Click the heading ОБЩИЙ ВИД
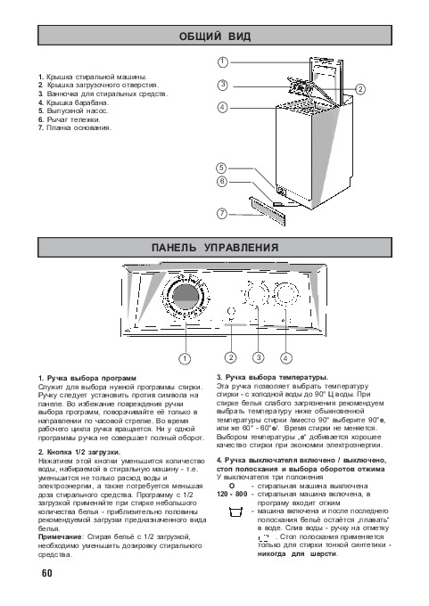[x=215, y=37]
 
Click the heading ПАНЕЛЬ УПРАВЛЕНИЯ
[x=215, y=248]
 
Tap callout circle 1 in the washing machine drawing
[x=223, y=61]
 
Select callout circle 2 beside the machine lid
[x=360, y=89]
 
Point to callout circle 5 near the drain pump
[x=221, y=168]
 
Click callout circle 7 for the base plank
[x=222, y=213]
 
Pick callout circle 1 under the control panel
[x=185, y=358]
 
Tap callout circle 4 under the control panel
[x=286, y=358]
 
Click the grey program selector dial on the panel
[x=186, y=297]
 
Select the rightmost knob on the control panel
[x=286, y=295]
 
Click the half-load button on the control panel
[x=231, y=312]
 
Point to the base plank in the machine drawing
[x=268, y=210]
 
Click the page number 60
[x=46, y=573]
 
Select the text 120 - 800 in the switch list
[x=232, y=495]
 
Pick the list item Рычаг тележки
[x=70, y=119]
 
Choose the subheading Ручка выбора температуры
[x=272, y=377]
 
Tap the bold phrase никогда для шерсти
[x=298, y=553]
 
